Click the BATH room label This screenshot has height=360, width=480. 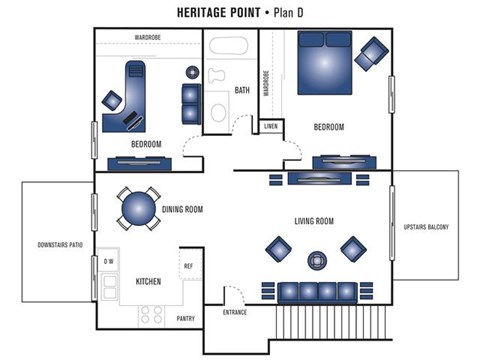242,91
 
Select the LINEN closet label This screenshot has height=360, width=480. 271,127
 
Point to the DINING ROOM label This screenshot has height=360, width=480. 182,209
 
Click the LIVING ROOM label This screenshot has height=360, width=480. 313,220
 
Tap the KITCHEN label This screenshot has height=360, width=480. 148,282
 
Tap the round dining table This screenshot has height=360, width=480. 135,209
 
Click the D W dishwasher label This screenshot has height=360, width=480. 109,261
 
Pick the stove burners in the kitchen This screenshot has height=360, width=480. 151,313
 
